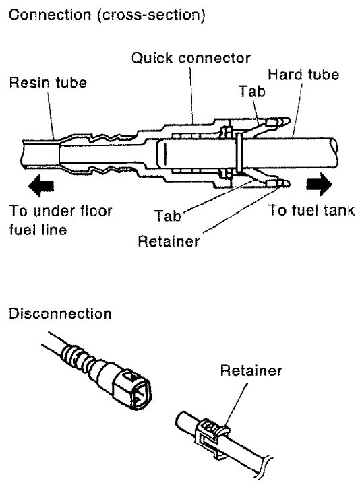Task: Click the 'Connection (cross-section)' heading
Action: tap(107, 15)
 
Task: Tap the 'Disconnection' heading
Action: tap(60, 313)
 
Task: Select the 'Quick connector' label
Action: tap(191, 58)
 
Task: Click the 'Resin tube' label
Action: tap(48, 82)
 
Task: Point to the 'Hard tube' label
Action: tap(303, 75)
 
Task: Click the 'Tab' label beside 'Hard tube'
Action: tap(252, 91)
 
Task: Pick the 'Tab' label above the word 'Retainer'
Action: tap(168, 216)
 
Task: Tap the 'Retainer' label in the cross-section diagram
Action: tap(169, 241)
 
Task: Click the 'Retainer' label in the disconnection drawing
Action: tap(251, 370)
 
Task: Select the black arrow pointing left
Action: tap(41, 186)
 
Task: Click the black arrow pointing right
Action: tap(319, 185)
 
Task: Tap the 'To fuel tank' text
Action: tap(311, 210)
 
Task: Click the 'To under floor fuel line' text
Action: tap(61, 220)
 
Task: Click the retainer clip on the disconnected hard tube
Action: tap(212, 436)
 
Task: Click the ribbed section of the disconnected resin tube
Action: tap(76, 356)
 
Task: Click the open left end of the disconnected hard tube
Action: tap(181, 421)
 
